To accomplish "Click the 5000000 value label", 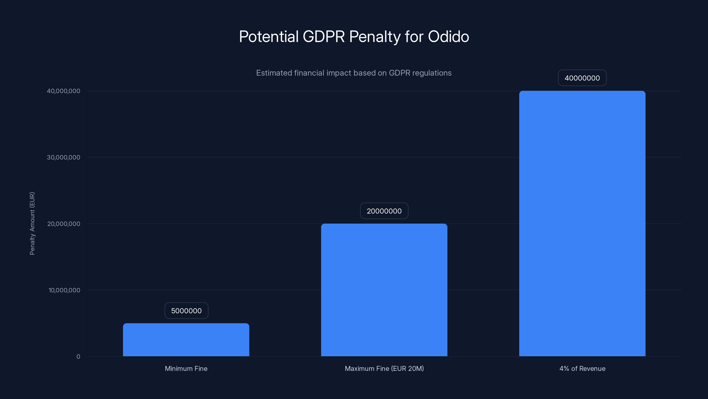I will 186,311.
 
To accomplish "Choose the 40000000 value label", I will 582,78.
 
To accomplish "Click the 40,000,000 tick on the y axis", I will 63,91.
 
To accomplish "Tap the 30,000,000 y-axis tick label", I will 63,157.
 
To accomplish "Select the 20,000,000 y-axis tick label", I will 64,224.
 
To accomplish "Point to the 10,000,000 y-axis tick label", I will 64,290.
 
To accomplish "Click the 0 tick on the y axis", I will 78,357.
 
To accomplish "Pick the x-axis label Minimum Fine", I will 186,368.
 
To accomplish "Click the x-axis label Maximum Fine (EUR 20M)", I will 384,368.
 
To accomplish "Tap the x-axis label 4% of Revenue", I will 582,368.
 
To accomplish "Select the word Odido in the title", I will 448,36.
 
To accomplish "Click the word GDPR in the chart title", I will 323,36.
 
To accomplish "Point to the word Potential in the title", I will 269,36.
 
